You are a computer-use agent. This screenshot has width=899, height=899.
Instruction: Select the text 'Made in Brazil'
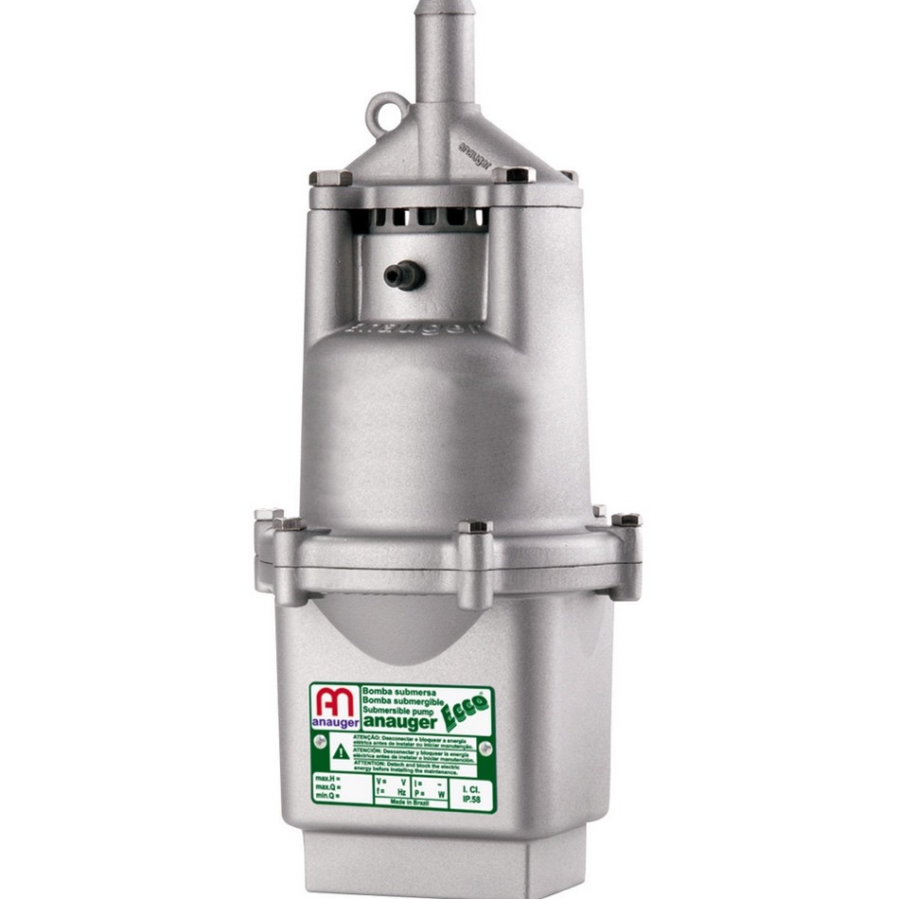pos(410,801)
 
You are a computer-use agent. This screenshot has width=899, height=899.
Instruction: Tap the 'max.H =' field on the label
pos(327,777)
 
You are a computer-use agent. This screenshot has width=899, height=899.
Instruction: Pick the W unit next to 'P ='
pos(442,791)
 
